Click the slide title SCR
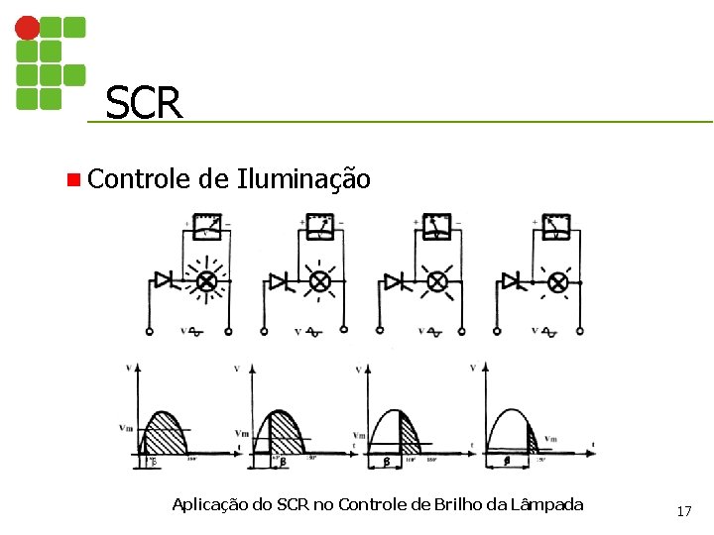(x=144, y=102)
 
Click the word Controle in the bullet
(x=138, y=179)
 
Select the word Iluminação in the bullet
(x=303, y=179)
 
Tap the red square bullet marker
(x=71, y=180)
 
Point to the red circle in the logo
(x=29, y=27)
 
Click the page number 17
(x=683, y=511)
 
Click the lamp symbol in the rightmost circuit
(x=558, y=283)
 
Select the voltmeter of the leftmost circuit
(x=207, y=227)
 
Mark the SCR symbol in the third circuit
(x=395, y=282)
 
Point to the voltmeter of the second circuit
(x=321, y=227)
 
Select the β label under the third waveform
(x=384, y=462)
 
